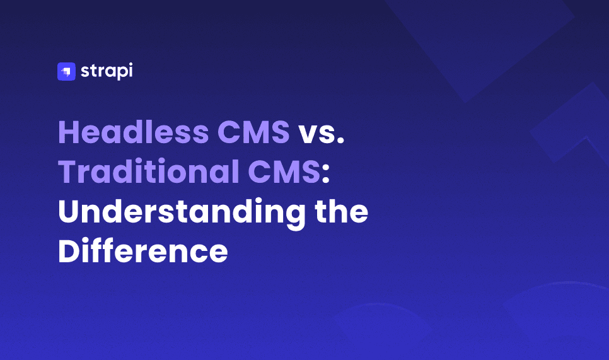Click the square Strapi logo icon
[66, 71]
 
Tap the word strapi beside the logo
[107, 71]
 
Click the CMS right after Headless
[253, 132]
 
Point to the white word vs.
[321, 134]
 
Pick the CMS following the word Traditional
[284, 171]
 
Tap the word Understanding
[182, 214]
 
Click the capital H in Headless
[69, 132]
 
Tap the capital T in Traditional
[68, 171]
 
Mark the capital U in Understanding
[68, 211]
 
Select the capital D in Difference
[69, 251]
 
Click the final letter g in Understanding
[295, 218]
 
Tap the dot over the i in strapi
[130, 64]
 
